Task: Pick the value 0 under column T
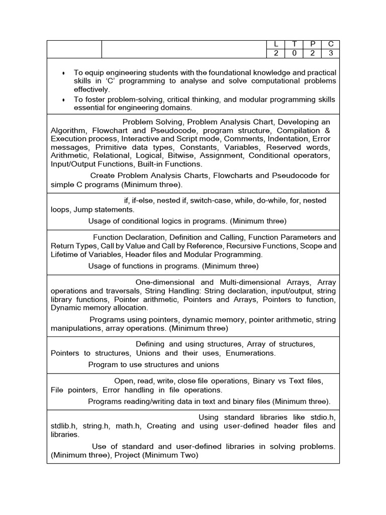(x=294, y=54)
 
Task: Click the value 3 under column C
(x=330, y=54)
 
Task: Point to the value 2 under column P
(x=313, y=54)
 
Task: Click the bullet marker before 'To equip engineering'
(x=63, y=73)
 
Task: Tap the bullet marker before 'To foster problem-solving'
(x=63, y=100)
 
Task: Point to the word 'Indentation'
(x=287, y=138)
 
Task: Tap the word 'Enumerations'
(x=251, y=353)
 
